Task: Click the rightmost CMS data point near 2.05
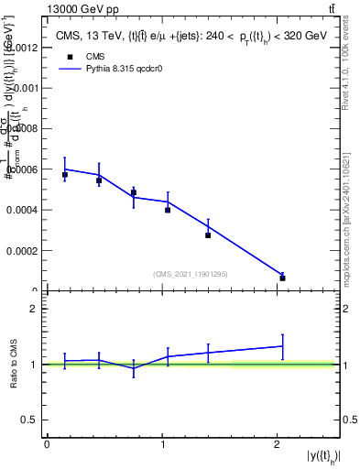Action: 282,278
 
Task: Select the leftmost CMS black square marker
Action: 65,174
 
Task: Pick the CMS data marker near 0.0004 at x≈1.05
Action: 168,210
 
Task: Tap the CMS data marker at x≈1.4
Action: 208,235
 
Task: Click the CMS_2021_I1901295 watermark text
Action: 190,274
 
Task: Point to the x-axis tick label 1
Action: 162,444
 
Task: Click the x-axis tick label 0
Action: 47,444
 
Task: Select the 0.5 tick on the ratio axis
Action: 29,420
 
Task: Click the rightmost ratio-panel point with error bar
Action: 282,345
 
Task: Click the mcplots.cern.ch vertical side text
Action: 352,220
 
